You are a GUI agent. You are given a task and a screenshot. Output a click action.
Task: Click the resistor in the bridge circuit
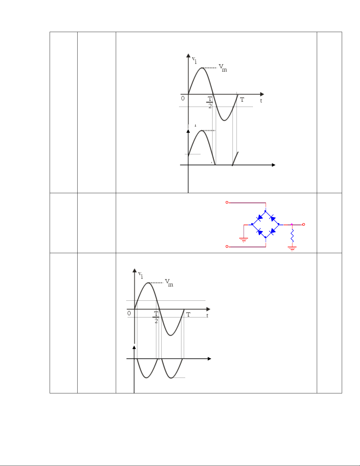[292, 235]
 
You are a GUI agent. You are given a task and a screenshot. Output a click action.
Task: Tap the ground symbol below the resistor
[292, 248]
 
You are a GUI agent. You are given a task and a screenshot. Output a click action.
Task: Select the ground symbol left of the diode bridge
[244, 240]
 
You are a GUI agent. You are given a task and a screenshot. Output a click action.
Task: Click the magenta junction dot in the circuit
[292, 224]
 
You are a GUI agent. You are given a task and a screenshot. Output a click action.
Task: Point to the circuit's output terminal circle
[304, 224]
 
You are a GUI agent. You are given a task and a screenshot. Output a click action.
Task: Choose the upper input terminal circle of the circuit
[227, 203]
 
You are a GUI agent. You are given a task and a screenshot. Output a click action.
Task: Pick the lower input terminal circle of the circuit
[227, 247]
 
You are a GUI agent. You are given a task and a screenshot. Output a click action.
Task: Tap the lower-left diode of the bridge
[259, 231]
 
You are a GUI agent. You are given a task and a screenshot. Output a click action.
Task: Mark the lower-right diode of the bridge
[272, 231]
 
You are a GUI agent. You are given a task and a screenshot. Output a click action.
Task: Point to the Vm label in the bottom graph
[169, 283]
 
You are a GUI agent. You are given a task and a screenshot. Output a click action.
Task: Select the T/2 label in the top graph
[210, 102]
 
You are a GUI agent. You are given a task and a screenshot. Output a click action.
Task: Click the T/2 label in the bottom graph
[156, 317]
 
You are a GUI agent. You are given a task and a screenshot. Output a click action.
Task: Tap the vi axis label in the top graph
[194, 60]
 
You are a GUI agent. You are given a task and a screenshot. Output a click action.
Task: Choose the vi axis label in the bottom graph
[140, 275]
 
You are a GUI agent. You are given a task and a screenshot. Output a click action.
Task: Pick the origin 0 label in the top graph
[183, 98]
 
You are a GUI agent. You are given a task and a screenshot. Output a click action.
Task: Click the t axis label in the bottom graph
[207, 315]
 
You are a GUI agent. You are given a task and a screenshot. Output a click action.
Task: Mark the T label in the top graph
[242, 100]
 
